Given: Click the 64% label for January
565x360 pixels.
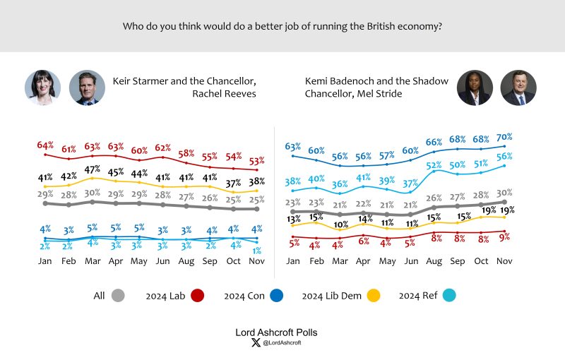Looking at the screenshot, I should pyautogui.click(x=45, y=145).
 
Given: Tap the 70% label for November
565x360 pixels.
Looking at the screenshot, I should pyautogui.click(x=504, y=137).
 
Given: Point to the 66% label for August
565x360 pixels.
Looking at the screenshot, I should pyautogui.click(x=434, y=143).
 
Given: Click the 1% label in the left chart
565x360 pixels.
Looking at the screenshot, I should pyautogui.click(x=258, y=251).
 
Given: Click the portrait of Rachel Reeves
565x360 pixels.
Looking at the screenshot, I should pyautogui.click(x=42, y=88).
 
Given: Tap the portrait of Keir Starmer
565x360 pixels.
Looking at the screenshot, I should pyautogui.click(x=87, y=88).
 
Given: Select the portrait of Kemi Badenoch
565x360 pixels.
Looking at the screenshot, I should pyautogui.click(x=475, y=88).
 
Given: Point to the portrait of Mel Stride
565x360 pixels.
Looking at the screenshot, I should pyautogui.click(x=518, y=88).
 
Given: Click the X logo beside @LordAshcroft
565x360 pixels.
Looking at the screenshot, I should pyautogui.click(x=256, y=343).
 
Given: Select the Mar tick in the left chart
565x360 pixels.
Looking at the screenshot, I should pyautogui.click(x=93, y=260).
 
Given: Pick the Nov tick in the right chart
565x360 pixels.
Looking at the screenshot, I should pyautogui.click(x=504, y=260).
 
